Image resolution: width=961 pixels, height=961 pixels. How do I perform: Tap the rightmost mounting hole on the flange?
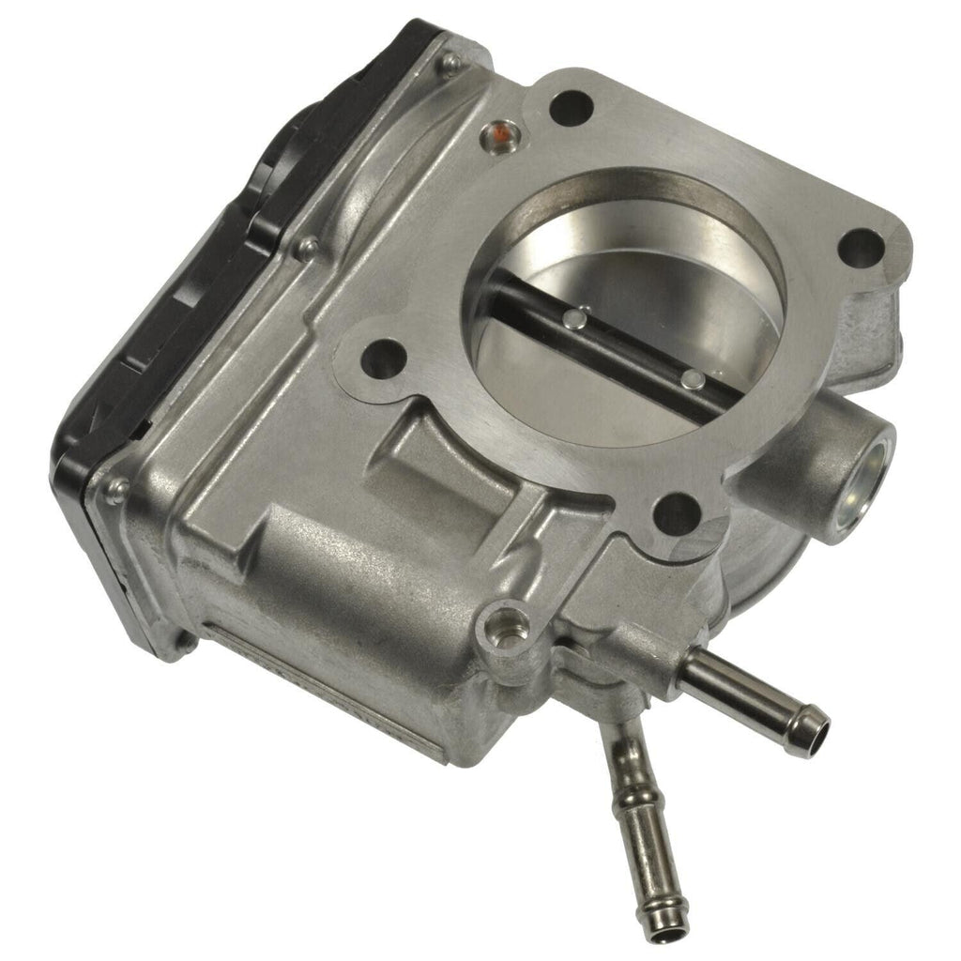pyautogui.click(x=862, y=249)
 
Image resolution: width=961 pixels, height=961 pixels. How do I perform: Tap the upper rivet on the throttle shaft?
pyautogui.click(x=582, y=318)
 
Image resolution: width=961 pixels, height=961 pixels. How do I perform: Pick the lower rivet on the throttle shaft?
pyautogui.click(x=693, y=378)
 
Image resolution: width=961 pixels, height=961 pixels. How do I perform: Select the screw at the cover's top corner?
pyautogui.click(x=451, y=64)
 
